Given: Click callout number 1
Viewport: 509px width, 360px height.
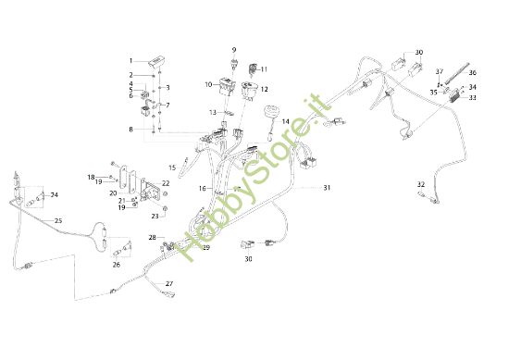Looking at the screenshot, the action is pos(131,60).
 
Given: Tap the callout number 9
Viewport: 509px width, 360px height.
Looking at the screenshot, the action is pos(234,49).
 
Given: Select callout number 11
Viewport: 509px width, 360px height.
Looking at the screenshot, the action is pos(263,68).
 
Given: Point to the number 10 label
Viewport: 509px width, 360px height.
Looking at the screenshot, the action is pos(209,84).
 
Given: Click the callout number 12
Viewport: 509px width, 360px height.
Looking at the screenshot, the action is pos(265,90).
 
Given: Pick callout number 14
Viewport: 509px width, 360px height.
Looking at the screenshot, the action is pos(286,121).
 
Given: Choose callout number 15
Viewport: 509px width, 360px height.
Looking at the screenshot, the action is pos(172,167).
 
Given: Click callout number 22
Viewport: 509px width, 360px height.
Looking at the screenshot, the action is pos(166,184).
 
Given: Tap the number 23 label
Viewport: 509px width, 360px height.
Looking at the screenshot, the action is pos(155,216).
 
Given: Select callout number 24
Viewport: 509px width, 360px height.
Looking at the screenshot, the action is pos(55,195).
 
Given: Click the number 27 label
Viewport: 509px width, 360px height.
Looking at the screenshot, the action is pos(169,283).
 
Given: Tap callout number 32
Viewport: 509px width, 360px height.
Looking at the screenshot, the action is pos(421,183).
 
